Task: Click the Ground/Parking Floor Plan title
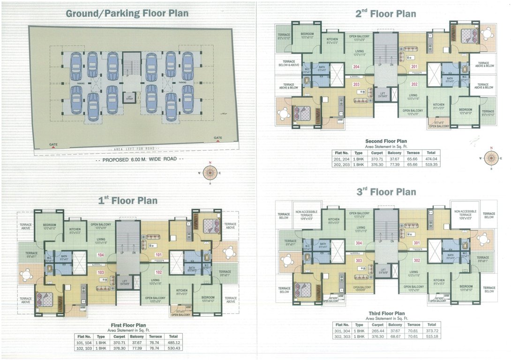pos(127,13)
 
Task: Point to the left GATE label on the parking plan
pos(54,144)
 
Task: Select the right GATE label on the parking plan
pos(218,138)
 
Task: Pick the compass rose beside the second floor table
pos(491,158)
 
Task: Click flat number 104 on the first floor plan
pos(100,255)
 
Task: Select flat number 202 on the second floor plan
pos(414,84)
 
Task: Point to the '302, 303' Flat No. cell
pos(342,337)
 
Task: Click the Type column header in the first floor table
pos(101,337)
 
